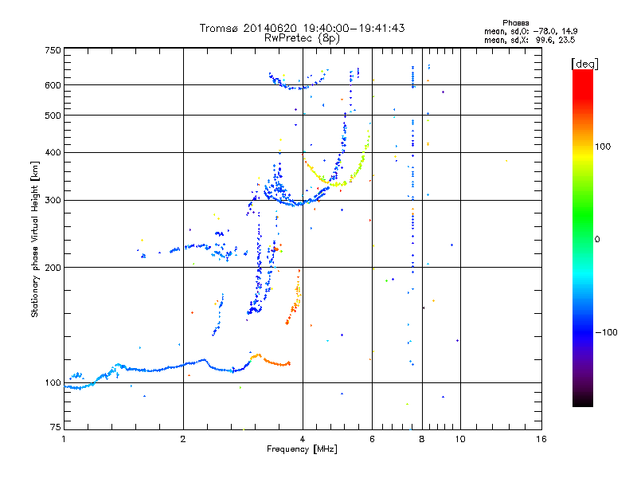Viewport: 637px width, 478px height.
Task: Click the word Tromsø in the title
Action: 217,28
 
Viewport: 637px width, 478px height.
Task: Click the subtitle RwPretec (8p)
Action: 302,37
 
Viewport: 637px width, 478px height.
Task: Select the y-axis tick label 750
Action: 53,50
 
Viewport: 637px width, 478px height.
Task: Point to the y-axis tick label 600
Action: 53,85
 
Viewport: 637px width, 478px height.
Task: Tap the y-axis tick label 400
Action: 53,152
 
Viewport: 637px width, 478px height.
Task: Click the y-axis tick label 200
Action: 53,268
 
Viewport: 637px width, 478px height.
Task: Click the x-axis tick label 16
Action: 541,439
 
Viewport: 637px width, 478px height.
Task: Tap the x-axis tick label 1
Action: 64,439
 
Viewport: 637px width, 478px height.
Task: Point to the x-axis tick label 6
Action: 372,439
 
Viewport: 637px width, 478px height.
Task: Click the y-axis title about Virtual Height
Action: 35,239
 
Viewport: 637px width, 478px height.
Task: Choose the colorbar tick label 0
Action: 598,239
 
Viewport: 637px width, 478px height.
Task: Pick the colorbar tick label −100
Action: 606,332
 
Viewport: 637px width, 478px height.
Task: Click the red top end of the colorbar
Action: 582,72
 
